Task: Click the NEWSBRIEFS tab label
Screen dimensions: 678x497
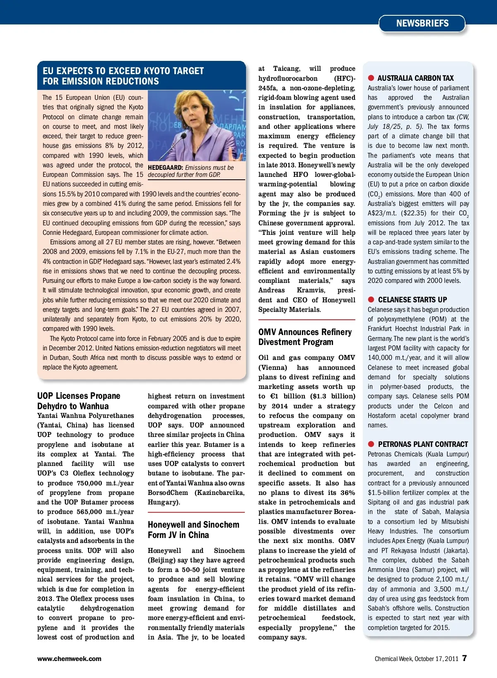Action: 422,24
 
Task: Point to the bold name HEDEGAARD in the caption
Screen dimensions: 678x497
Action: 165,168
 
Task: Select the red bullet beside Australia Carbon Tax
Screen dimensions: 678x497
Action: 371,78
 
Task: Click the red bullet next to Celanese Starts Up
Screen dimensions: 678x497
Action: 371,299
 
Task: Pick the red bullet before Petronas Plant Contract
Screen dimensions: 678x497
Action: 371,444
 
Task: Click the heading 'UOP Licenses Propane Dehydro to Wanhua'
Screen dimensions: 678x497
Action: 79,401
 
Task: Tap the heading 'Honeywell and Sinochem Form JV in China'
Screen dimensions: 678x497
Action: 193,530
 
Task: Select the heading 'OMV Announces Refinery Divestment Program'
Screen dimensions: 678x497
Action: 305,337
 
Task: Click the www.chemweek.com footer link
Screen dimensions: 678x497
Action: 69,659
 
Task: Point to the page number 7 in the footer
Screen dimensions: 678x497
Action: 465,658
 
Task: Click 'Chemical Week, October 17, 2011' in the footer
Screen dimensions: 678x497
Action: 416,659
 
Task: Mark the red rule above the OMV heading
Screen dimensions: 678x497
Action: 306,320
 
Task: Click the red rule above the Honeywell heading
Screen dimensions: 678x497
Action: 196,513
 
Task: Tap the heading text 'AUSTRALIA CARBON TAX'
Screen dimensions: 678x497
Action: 415,78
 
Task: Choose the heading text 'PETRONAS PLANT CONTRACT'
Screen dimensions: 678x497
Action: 423,444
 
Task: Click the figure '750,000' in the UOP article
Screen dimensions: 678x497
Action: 89,483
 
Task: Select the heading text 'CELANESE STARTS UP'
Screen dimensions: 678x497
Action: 413,300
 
